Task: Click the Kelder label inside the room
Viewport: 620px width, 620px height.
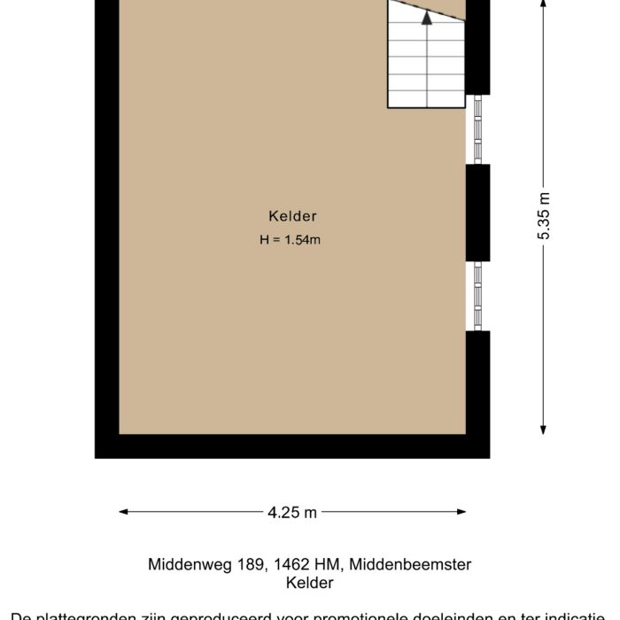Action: point(293,216)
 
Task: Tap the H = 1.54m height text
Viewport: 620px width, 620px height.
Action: point(291,239)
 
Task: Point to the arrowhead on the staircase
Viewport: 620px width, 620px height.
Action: point(427,15)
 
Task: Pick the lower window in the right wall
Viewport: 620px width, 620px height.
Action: point(478,296)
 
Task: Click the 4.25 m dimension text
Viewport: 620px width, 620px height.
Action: point(292,512)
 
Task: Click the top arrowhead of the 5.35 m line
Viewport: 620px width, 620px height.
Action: point(544,4)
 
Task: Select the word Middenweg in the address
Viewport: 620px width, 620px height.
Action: point(183,564)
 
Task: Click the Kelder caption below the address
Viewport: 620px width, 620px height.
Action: point(310,583)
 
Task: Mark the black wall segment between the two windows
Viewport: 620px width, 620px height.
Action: point(478,213)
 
